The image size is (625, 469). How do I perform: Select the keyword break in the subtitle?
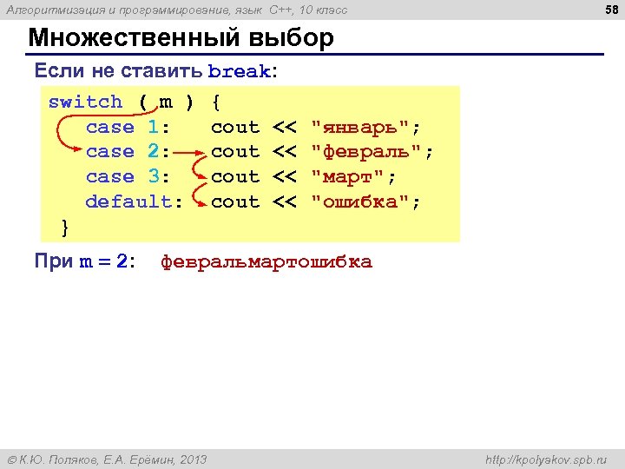coord(239,72)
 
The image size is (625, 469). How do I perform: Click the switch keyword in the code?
coord(85,102)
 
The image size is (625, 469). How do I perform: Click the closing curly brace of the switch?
coord(66,227)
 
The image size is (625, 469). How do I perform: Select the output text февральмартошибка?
coord(266,262)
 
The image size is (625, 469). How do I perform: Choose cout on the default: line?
coord(235,202)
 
